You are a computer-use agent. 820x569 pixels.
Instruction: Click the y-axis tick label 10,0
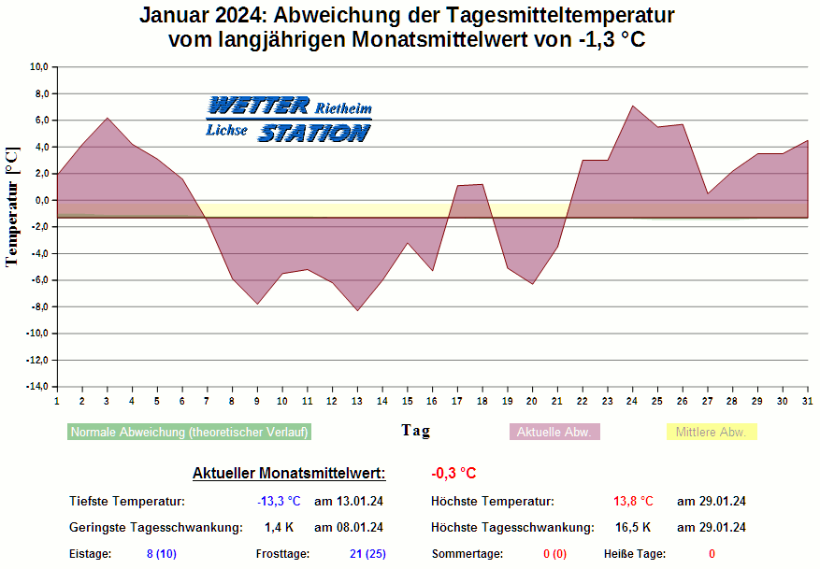38,67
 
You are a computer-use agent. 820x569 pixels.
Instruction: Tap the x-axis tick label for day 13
356,401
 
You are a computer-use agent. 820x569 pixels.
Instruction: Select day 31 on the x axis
807,401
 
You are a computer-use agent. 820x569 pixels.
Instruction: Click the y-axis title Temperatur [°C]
12,206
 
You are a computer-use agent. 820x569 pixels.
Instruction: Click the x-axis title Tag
416,430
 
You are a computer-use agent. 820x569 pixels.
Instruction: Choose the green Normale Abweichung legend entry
189,433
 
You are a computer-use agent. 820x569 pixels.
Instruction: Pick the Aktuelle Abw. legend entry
554,433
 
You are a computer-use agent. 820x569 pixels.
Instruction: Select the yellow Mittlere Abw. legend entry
711,433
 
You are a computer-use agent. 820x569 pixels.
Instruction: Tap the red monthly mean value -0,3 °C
453,474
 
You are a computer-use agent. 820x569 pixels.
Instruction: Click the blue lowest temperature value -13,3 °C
279,502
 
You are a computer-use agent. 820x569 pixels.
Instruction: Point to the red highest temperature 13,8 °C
634,502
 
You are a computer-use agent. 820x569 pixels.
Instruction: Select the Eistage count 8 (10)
163,554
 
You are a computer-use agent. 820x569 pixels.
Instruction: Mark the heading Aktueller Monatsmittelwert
288,474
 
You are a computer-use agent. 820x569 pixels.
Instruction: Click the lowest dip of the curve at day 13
357,310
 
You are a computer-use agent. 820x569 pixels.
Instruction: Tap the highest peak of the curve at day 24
633,106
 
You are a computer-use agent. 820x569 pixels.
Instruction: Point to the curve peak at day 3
108,118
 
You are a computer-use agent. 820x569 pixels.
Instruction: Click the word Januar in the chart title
176,17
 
